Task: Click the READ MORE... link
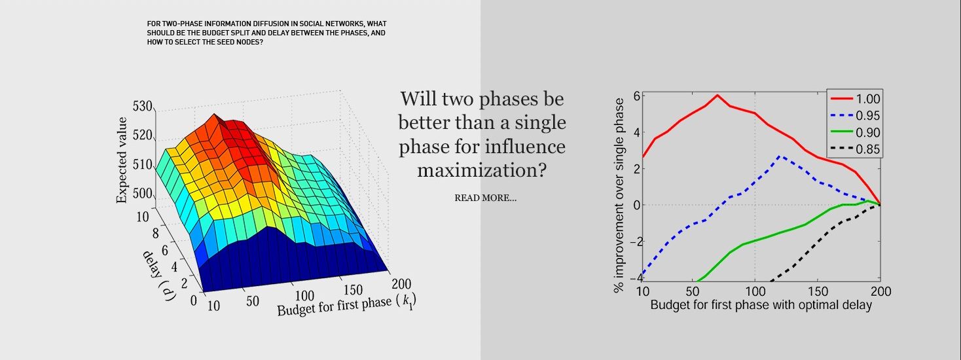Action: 485,198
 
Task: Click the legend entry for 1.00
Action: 855,99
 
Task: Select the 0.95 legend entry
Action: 855,116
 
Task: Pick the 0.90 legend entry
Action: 855,133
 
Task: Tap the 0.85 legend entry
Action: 855,150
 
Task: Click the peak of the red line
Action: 717,95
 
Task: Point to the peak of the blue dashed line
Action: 780,156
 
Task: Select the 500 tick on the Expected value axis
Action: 142,194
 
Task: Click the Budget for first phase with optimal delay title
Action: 761,306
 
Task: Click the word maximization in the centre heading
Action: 482,170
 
